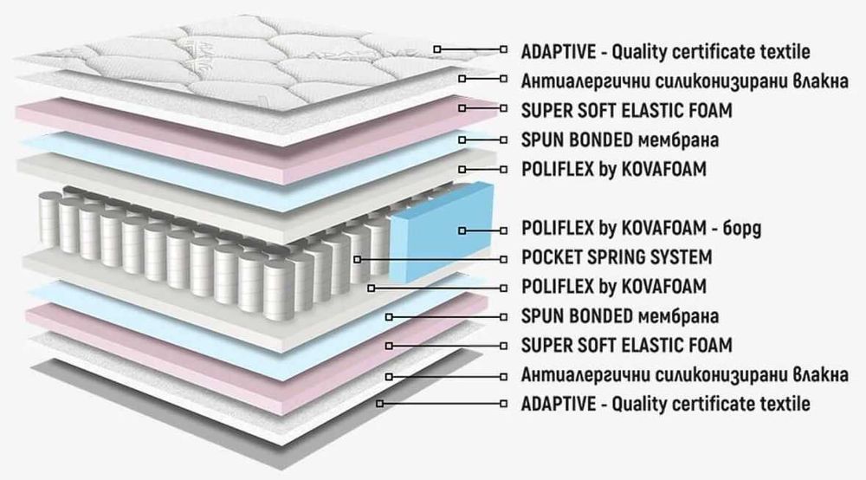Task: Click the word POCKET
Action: [553, 257]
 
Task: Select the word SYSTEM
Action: [684, 257]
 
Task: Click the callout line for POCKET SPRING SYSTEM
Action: [433, 258]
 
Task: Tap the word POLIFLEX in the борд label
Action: [553, 229]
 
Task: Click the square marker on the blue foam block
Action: [462, 230]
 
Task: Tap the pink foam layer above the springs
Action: [173, 130]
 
